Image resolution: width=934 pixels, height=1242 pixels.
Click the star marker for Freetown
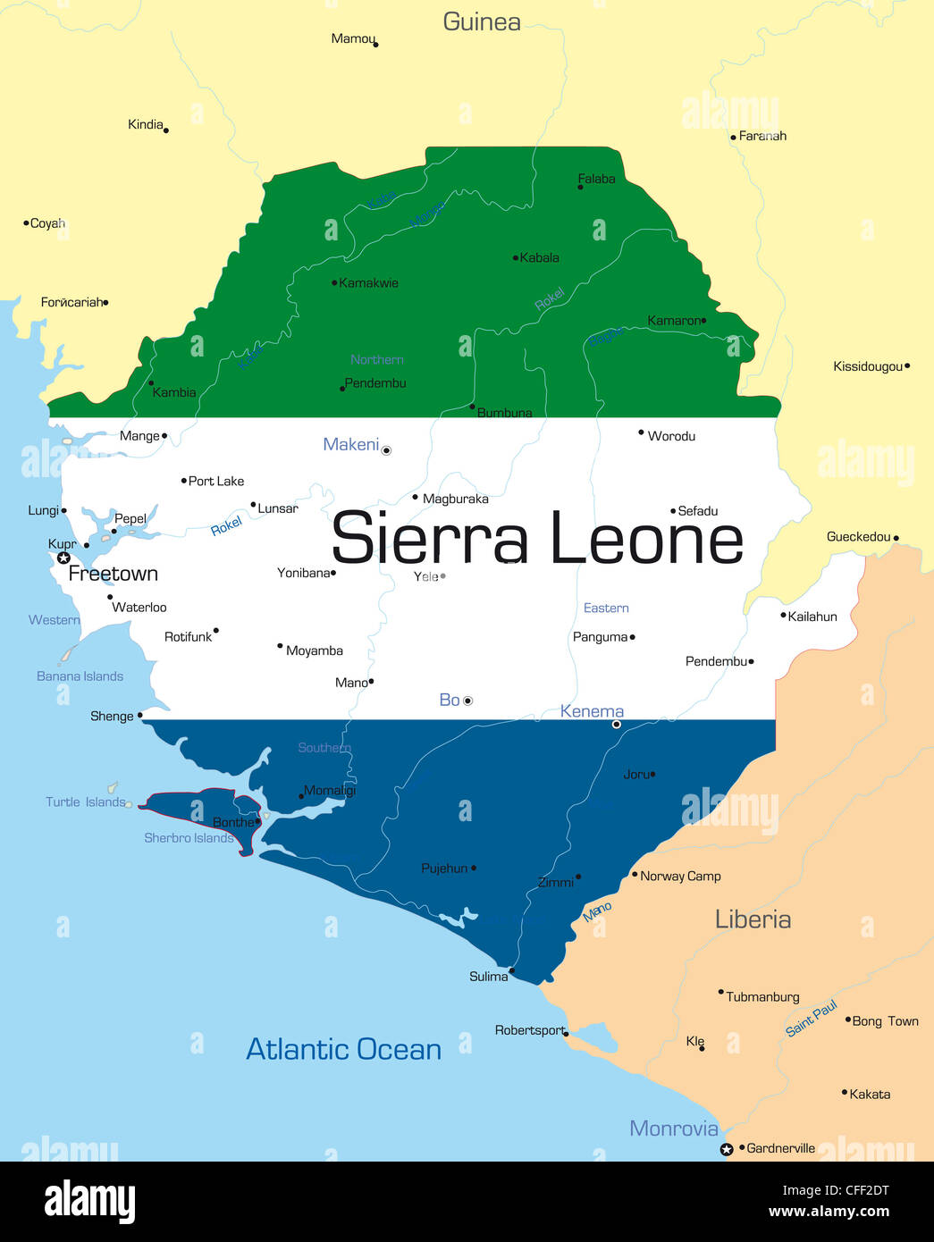click(x=63, y=558)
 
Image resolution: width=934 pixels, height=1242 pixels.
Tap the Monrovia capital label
click(x=673, y=1129)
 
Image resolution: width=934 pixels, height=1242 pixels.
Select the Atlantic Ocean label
click(x=343, y=1049)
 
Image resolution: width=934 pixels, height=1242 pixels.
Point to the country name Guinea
click(x=482, y=22)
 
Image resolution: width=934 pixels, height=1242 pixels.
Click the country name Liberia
click(x=753, y=919)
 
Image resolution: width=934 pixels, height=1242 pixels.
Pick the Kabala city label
click(x=539, y=258)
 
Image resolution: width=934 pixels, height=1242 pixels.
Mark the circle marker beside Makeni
click(x=386, y=451)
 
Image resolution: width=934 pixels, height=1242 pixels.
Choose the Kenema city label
click(x=592, y=711)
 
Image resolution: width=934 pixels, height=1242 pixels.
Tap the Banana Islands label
click(x=80, y=676)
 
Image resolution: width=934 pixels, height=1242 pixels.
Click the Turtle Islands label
click(x=85, y=802)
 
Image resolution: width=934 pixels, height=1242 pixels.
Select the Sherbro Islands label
click(x=189, y=838)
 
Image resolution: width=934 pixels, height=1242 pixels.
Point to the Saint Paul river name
click(x=811, y=1019)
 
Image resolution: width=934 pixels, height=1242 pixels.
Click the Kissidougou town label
click(x=867, y=366)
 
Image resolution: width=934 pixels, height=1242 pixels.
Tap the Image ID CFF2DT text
click(x=836, y=1190)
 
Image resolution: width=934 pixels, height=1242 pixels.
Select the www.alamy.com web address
click(x=829, y=1212)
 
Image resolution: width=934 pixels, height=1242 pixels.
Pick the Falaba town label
click(x=596, y=179)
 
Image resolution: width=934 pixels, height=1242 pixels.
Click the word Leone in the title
click(x=645, y=540)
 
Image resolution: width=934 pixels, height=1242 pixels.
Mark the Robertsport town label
click(x=529, y=1030)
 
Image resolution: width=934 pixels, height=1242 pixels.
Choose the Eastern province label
click(x=606, y=608)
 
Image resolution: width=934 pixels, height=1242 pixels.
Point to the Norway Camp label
click(x=680, y=877)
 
